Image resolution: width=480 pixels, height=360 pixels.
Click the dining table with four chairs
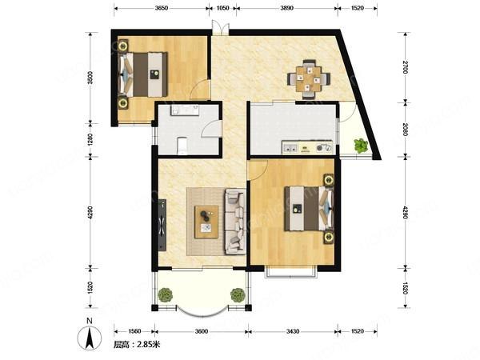(x=309, y=79)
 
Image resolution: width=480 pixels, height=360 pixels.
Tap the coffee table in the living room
(x=206, y=222)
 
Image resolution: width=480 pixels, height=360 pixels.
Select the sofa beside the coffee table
(x=235, y=222)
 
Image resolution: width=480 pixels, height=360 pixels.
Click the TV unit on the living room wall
(x=162, y=225)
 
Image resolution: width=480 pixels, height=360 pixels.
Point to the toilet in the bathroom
(x=182, y=146)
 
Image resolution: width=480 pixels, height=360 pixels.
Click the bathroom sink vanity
(x=185, y=110)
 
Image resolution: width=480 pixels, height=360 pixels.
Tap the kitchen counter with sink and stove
(x=307, y=147)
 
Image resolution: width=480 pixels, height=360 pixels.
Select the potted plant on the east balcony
(x=361, y=146)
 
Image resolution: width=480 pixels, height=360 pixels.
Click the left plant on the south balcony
(x=166, y=294)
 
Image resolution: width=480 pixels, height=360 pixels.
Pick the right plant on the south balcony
(x=238, y=294)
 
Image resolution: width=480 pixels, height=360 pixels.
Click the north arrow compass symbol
(x=90, y=338)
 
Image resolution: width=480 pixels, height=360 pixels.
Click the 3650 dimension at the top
(x=162, y=8)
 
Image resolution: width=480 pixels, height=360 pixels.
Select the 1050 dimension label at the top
(x=222, y=8)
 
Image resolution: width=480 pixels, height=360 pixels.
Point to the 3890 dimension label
(x=287, y=8)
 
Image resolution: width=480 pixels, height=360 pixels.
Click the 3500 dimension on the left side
(x=90, y=78)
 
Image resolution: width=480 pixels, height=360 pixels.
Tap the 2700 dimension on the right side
(x=406, y=67)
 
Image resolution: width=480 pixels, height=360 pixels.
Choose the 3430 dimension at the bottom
(x=293, y=331)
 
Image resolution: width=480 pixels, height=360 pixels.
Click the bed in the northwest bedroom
(x=143, y=74)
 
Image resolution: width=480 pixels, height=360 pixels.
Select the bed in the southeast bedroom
(x=309, y=208)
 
